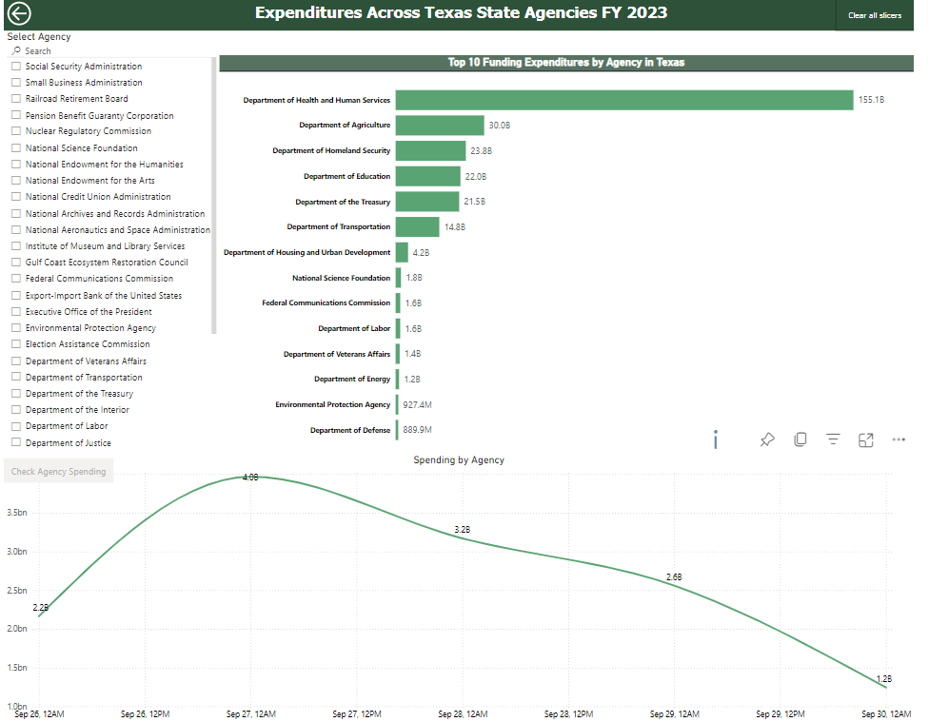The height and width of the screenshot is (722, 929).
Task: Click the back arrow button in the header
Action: click(18, 13)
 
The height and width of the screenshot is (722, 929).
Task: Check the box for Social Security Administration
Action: click(16, 67)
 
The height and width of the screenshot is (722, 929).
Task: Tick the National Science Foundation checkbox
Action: click(16, 148)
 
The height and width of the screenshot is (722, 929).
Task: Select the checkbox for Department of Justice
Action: click(16, 443)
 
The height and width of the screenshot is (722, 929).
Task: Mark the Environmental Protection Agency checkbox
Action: click(16, 328)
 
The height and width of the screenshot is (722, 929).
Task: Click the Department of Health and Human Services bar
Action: click(623, 100)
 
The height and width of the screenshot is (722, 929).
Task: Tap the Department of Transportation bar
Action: click(417, 226)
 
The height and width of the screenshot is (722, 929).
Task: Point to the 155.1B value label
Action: click(871, 100)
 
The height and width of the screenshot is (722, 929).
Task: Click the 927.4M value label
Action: click(416, 404)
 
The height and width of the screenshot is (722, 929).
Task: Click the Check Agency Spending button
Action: click(58, 472)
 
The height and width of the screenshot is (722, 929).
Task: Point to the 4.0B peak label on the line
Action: click(250, 478)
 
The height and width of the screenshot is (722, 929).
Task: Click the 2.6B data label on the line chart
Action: click(674, 577)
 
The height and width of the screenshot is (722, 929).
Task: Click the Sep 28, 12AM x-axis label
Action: click(463, 713)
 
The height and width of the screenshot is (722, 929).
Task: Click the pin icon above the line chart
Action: click(766, 439)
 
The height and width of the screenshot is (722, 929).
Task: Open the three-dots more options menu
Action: click(898, 439)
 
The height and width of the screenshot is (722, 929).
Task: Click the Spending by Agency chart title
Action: click(458, 460)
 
